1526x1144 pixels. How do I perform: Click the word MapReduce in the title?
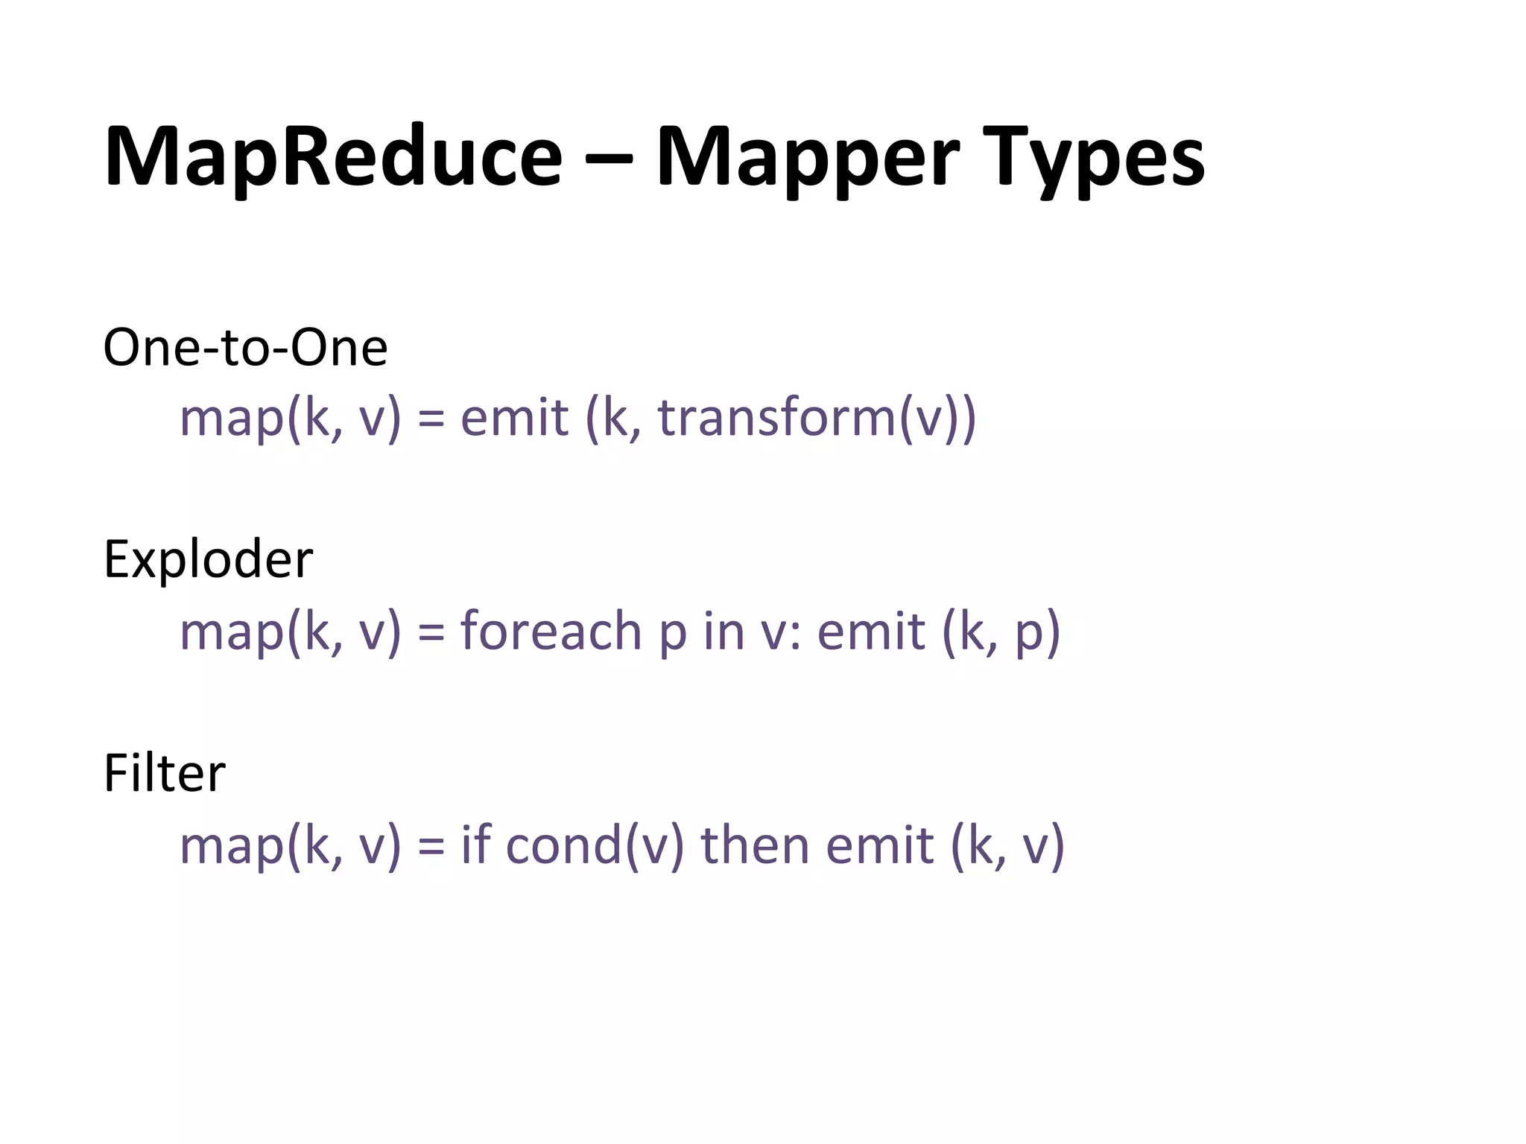(x=333, y=158)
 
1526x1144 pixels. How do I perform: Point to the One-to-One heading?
(x=245, y=347)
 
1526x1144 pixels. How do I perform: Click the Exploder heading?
(x=208, y=559)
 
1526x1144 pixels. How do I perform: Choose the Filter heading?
(x=164, y=773)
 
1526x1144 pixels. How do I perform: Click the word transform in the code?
(x=776, y=417)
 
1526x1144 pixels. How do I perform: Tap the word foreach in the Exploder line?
(x=551, y=631)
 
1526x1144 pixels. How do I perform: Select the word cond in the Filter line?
(x=564, y=845)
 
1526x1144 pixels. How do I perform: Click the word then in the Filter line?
(x=753, y=845)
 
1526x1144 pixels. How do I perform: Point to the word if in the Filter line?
(x=475, y=845)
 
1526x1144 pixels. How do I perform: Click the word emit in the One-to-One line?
(x=514, y=417)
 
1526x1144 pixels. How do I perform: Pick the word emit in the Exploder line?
(x=871, y=631)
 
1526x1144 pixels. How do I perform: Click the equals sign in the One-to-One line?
(x=431, y=419)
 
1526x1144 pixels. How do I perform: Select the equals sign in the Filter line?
(x=431, y=847)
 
